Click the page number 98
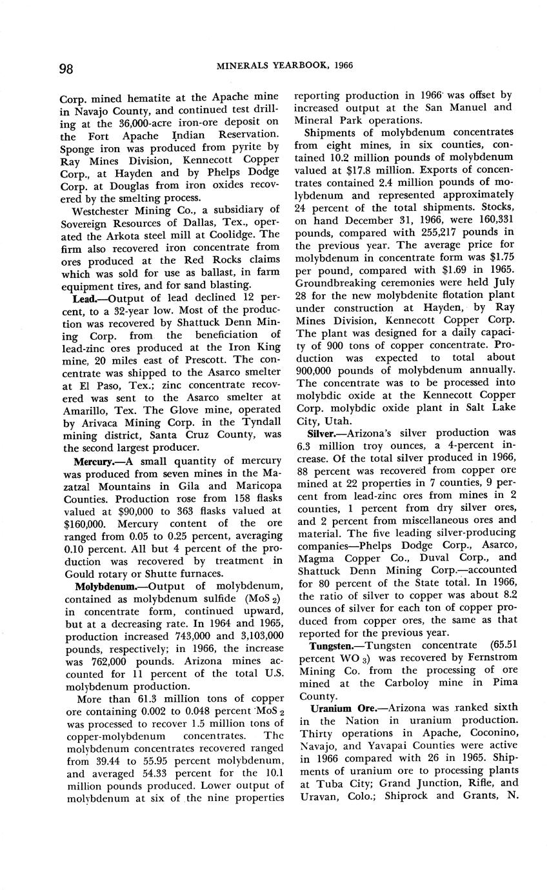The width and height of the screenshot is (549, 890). coord(66,69)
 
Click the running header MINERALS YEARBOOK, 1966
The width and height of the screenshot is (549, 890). coord(284,66)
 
